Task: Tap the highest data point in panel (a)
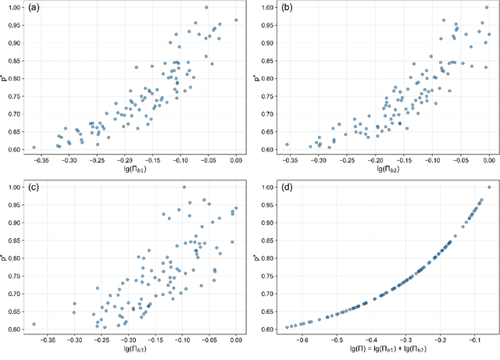[x=206, y=8]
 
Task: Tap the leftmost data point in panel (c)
[x=34, y=324]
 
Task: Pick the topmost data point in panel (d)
[x=489, y=187]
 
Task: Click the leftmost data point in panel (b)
[x=287, y=144]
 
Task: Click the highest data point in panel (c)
[x=184, y=187]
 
